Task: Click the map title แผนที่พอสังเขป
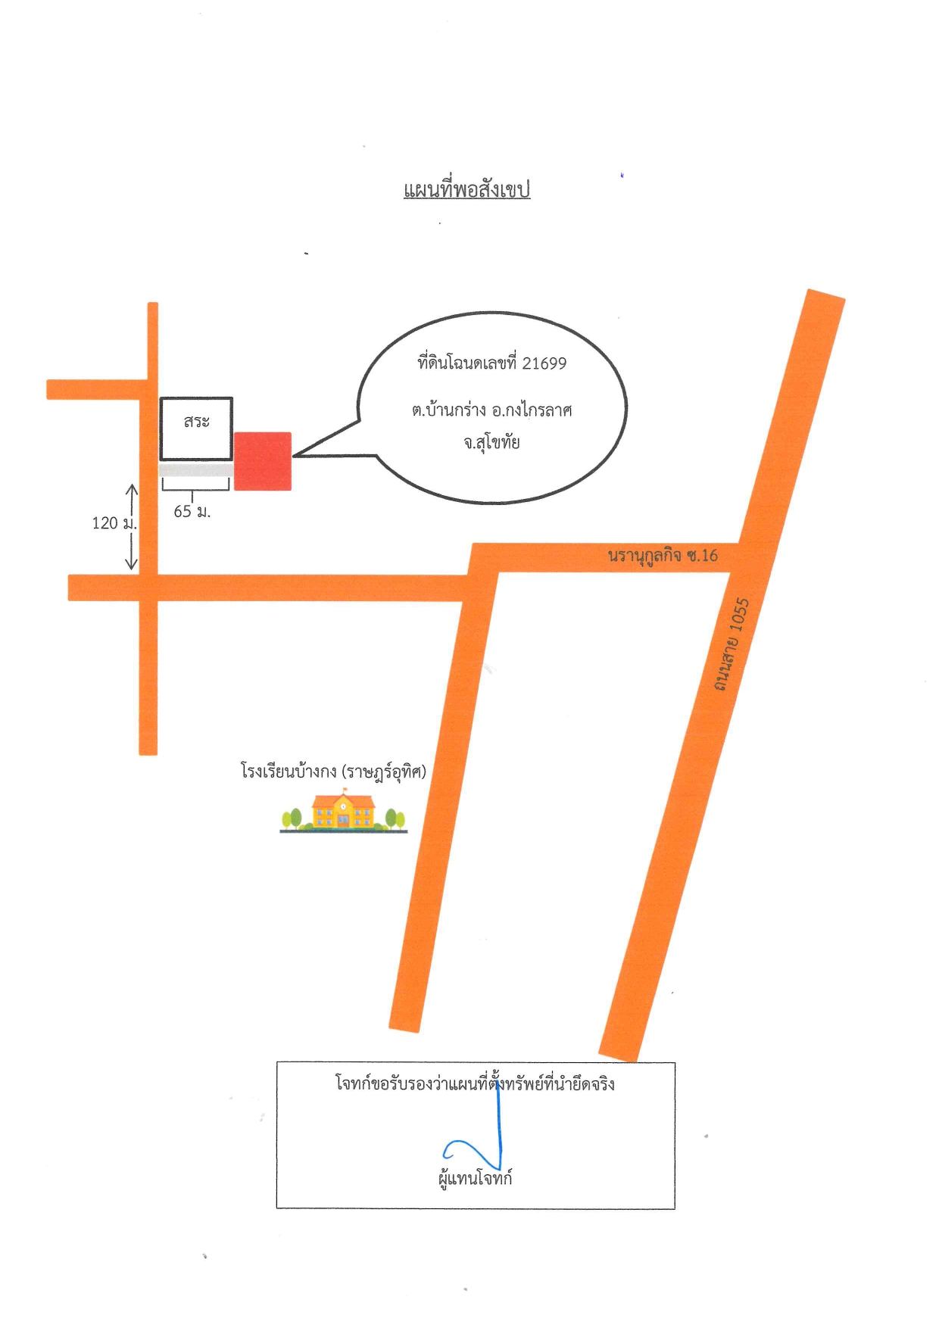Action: [x=466, y=189]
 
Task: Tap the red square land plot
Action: [x=263, y=461]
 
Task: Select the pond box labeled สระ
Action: [x=196, y=429]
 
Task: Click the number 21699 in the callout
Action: [x=544, y=363]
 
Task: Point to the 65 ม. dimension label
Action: [x=192, y=512]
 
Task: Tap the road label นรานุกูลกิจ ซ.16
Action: [x=663, y=556]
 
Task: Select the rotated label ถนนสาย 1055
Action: [x=731, y=644]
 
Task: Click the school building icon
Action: [x=344, y=810]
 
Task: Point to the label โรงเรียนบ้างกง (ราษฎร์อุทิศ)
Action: [x=334, y=772]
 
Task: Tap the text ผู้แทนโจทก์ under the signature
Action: [x=476, y=1178]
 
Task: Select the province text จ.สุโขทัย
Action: [x=492, y=441]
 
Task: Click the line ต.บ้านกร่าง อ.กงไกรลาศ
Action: [x=492, y=410]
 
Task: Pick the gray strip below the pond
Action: [x=195, y=470]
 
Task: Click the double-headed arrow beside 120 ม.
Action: [x=131, y=526]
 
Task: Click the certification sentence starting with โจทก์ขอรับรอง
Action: [x=475, y=1083]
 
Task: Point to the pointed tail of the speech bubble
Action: [x=295, y=456]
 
